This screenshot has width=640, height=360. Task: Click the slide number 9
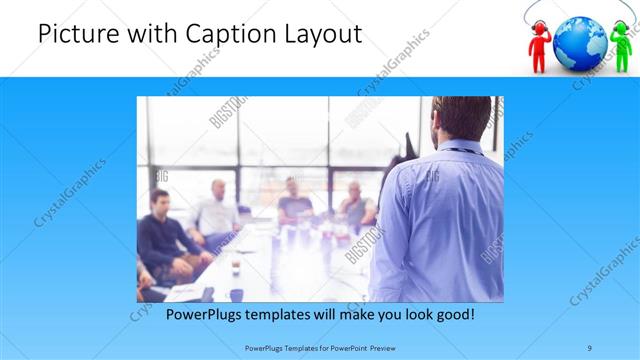(590, 347)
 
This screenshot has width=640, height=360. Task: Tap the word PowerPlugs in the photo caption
(199, 314)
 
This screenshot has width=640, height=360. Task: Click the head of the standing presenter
(461, 118)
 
